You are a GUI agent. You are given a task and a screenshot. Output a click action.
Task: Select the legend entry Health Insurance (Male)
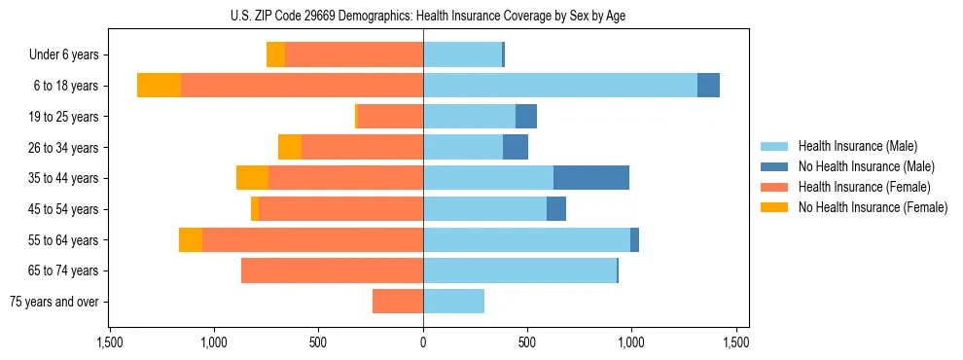(x=857, y=146)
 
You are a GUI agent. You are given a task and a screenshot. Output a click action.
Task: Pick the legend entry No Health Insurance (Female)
(x=873, y=207)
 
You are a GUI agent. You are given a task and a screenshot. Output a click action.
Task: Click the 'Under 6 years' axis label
(x=63, y=54)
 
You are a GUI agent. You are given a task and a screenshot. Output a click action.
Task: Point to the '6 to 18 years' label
(x=66, y=86)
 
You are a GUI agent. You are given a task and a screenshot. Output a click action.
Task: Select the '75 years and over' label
(x=54, y=302)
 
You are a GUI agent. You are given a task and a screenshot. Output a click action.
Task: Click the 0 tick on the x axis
(x=423, y=342)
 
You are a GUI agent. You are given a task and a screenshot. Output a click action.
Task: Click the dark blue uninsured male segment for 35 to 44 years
(x=591, y=178)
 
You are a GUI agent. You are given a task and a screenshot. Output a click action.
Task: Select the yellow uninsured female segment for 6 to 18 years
(x=159, y=86)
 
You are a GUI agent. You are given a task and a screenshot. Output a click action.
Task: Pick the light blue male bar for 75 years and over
(x=453, y=302)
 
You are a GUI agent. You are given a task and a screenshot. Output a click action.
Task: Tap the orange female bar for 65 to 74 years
(x=332, y=270)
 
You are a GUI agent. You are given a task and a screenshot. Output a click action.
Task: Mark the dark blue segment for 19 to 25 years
(x=526, y=117)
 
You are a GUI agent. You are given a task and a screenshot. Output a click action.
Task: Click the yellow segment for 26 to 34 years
(x=290, y=147)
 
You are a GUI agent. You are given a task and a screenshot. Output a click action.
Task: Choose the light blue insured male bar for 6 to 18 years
(x=559, y=86)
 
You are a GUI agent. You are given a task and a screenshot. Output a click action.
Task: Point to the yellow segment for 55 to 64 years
(x=191, y=239)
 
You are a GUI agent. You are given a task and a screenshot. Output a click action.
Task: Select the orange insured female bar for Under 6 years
(x=354, y=54)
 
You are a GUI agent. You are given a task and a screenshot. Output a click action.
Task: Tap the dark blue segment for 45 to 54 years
(x=556, y=209)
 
